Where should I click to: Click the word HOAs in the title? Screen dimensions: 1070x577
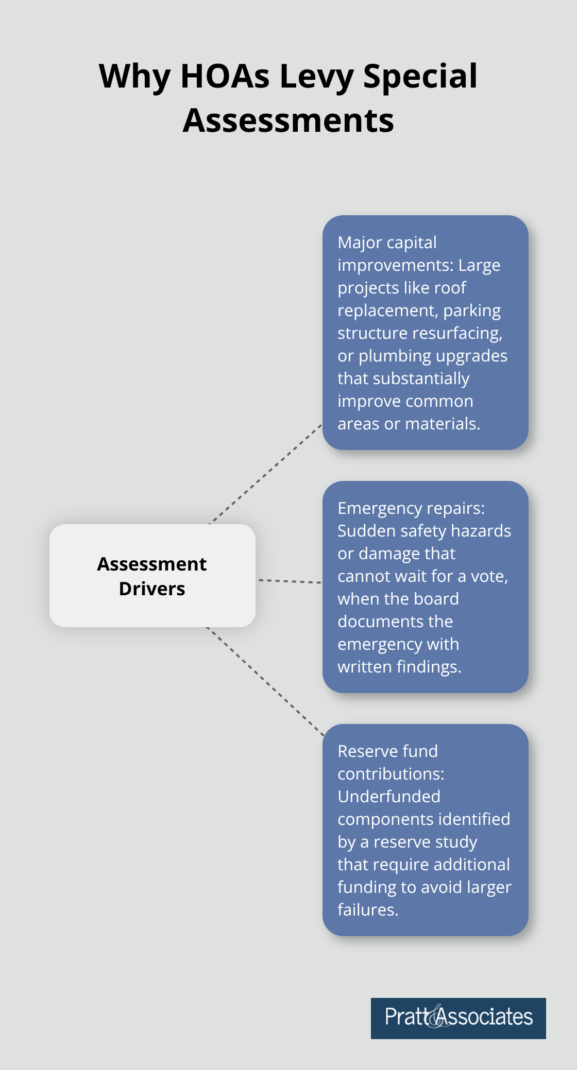(225, 76)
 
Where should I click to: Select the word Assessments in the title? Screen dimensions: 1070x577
(288, 120)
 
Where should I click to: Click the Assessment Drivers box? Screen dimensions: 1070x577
(152, 575)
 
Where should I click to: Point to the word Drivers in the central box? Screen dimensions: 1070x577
(152, 589)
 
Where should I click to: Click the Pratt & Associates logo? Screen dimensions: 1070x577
(458, 1018)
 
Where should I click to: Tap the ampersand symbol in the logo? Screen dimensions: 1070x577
(435, 1017)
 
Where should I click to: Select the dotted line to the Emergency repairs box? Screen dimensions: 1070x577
(289, 581)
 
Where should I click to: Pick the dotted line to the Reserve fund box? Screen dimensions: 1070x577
(265, 681)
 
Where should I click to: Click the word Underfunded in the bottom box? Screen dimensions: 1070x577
(389, 797)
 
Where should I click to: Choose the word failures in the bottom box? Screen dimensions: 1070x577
(367, 910)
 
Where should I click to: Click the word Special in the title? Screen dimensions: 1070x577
(420, 76)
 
